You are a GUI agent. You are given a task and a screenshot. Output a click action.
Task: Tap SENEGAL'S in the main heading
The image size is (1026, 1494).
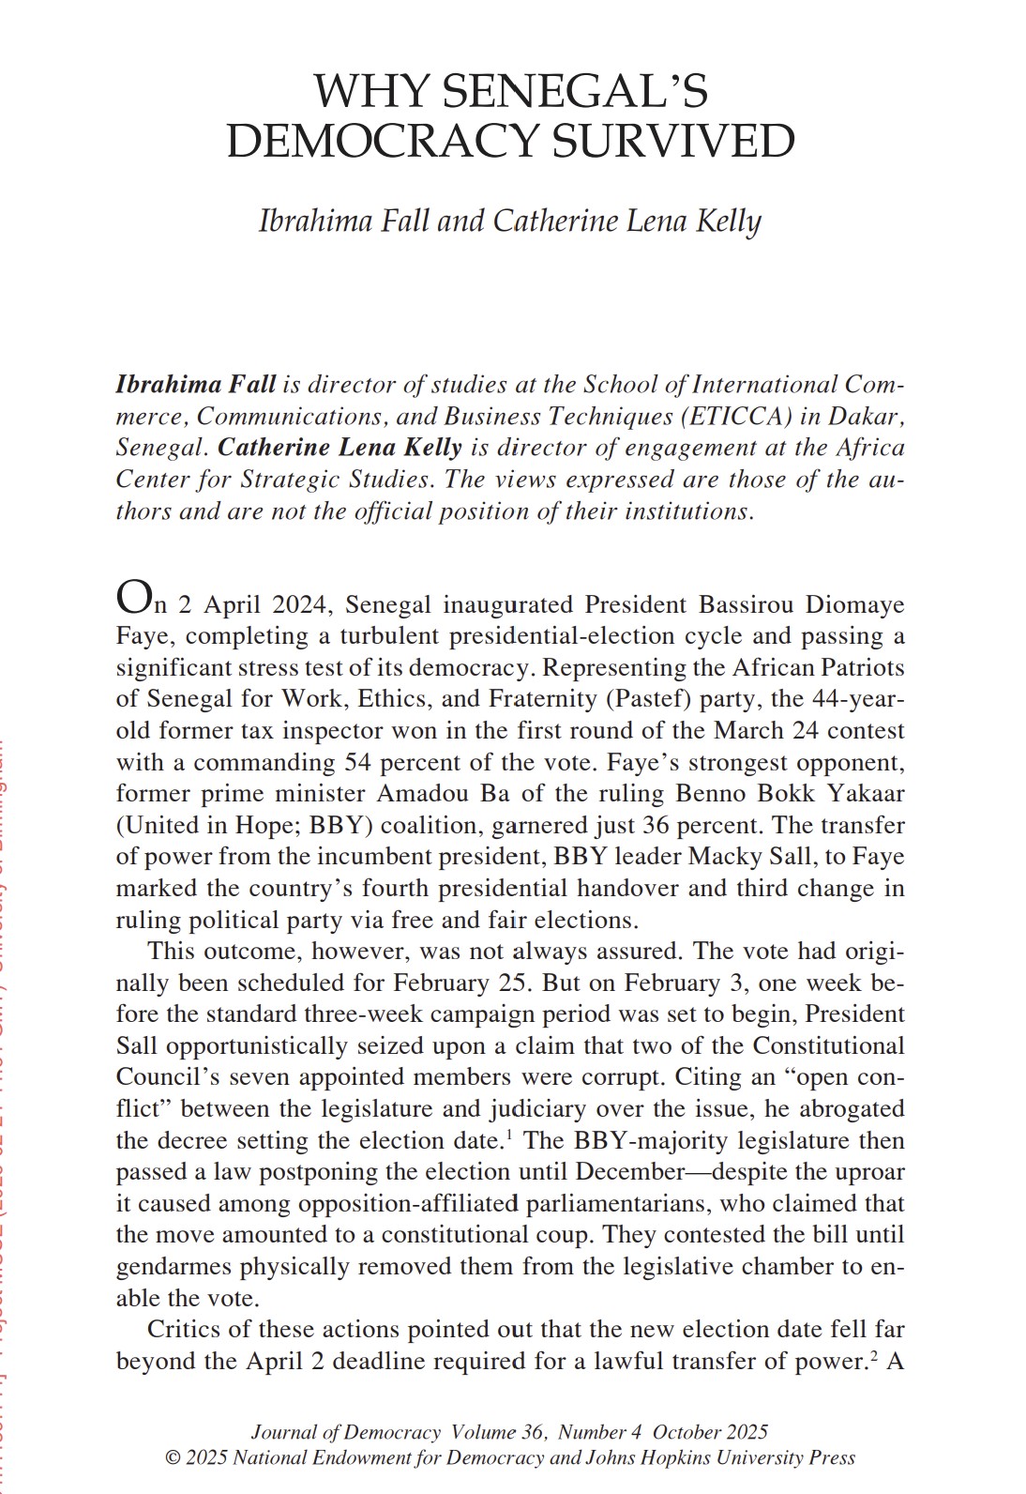coord(575,91)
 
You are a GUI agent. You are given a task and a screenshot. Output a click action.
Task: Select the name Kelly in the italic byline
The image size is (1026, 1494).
coord(729,221)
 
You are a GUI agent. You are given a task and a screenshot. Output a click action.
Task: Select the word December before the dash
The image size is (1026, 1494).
coord(630,1172)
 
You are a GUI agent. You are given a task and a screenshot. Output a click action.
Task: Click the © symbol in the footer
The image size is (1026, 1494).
coord(172,1458)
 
